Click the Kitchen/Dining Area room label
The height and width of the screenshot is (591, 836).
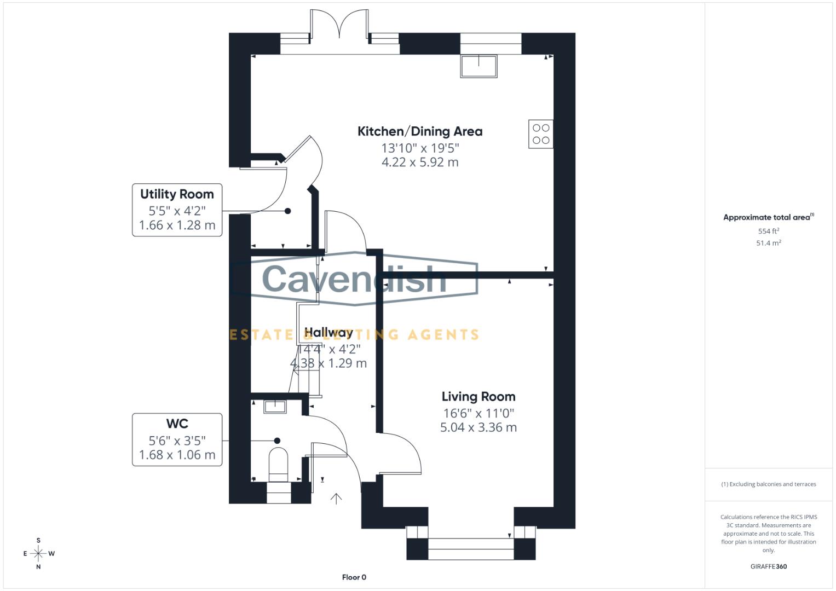tap(420, 131)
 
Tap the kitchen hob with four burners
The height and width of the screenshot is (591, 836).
tap(540, 134)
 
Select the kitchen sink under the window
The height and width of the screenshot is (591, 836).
tap(479, 66)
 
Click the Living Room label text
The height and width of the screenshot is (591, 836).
tap(478, 397)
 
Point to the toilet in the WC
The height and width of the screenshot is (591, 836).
tap(279, 465)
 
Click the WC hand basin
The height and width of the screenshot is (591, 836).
tap(275, 406)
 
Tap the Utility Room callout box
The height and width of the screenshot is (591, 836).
tap(177, 210)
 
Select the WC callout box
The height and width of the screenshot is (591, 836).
tap(177, 439)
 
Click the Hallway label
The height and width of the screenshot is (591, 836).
tap(328, 333)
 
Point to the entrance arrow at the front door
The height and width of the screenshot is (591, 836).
tap(336, 498)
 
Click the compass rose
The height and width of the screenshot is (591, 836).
tap(38, 554)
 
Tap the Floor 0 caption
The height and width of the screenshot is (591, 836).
tap(354, 577)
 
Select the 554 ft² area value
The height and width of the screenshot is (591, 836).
tap(768, 231)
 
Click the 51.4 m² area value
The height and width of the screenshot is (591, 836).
tap(768, 243)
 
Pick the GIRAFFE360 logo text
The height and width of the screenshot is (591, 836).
tap(768, 566)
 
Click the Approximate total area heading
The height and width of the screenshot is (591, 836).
tap(768, 217)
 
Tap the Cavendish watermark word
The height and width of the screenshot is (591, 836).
tap(354, 279)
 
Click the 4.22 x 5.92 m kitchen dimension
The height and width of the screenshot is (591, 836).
tap(420, 163)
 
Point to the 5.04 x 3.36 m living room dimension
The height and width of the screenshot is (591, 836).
tap(478, 427)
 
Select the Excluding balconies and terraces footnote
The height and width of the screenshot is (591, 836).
tap(768, 484)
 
